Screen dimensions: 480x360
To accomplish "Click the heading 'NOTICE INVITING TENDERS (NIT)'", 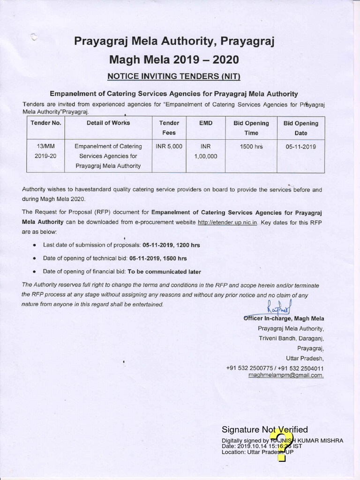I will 173,76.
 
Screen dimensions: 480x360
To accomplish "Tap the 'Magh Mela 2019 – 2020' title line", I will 173,60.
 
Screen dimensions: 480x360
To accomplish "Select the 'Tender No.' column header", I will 46,123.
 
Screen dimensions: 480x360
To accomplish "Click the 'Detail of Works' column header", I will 108,123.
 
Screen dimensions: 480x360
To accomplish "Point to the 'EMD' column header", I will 205,123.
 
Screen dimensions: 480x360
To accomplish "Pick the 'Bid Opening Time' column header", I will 251,127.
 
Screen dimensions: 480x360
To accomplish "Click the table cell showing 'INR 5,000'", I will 169,146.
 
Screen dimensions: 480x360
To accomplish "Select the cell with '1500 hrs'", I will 251,147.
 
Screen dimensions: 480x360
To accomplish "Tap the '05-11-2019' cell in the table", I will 300,147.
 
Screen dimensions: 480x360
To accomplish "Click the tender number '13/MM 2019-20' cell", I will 46,151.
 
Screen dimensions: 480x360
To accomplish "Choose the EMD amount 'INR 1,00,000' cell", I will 205,151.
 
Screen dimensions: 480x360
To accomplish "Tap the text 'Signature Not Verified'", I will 264,429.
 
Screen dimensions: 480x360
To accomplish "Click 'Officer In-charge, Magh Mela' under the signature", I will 283,318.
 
